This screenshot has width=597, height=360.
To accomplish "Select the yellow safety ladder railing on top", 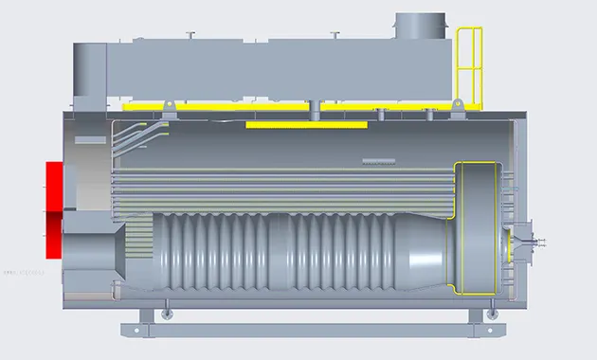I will point(469,62).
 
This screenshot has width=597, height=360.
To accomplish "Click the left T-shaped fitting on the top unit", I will point(190,37).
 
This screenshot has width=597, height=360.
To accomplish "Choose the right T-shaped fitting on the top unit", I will point(334,37).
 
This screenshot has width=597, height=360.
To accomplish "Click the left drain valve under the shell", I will point(167,309).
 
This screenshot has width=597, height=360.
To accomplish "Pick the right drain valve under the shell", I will point(490,310).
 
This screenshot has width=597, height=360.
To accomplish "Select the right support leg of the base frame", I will point(480,316).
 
